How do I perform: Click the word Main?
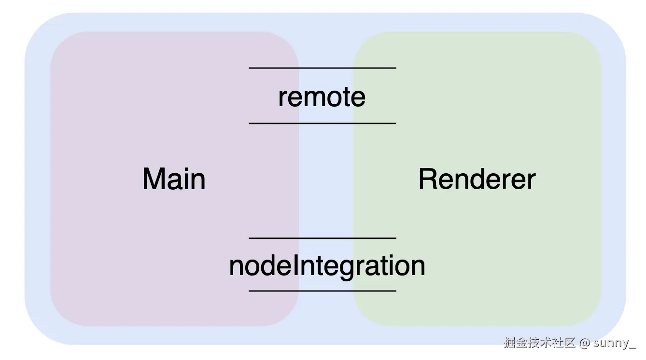(x=174, y=179)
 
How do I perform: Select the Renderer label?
(x=477, y=179)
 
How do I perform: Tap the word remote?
(x=322, y=97)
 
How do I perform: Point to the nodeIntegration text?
(x=327, y=265)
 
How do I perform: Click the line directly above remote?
(x=322, y=68)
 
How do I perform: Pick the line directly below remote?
(x=322, y=124)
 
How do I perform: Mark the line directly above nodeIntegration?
(x=322, y=238)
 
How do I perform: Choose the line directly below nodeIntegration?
(x=322, y=291)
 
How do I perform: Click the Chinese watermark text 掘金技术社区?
(x=539, y=343)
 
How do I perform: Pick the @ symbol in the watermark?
(x=585, y=343)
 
